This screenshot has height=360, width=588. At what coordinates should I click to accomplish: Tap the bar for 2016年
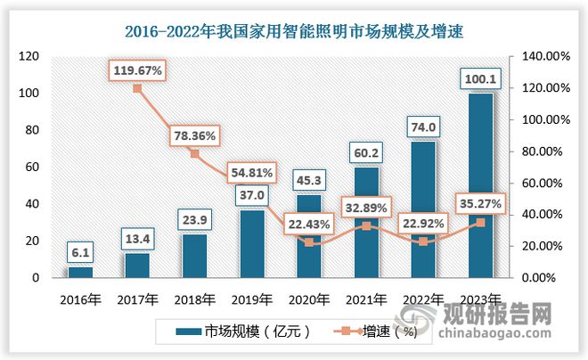(x=80, y=272)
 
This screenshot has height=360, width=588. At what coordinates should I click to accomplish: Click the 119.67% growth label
(x=137, y=69)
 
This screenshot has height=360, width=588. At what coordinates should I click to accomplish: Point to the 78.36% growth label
(x=195, y=136)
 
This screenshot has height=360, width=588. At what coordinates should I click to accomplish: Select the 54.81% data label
(x=252, y=171)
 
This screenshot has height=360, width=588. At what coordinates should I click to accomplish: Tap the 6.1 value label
(x=80, y=253)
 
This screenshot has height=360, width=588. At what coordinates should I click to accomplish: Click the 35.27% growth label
(x=481, y=205)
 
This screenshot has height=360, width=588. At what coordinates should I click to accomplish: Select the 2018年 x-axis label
(x=195, y=299)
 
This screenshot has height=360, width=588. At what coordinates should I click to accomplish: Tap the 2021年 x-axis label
(x=365, y=299)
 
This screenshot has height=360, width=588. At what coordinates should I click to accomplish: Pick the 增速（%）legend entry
(x=380, y=331)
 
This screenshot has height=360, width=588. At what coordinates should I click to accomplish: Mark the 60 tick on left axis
(x=34, y=168)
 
